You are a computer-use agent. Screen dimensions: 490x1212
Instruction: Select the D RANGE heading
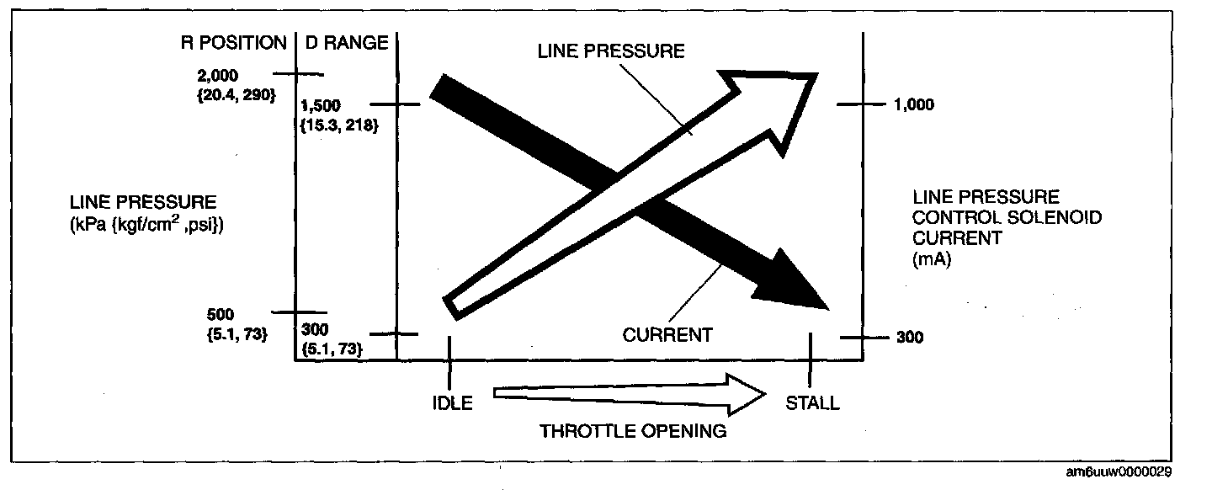(347, 42)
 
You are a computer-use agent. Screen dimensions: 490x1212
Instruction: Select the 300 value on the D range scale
(313, 329)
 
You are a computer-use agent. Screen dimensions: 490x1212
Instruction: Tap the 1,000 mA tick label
(914, 105)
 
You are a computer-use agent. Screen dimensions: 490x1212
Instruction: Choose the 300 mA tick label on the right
(909, 338)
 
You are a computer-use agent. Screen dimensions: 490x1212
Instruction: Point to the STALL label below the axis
(812, 402)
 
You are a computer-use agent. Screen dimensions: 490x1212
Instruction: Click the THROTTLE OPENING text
(632, 431)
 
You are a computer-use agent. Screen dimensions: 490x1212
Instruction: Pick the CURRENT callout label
(667, 335)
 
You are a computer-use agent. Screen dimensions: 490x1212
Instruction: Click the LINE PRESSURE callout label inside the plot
(611, 51)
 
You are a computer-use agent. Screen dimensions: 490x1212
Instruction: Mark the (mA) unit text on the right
(930, 260)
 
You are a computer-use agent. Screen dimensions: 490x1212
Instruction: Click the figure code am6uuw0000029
(1118, 471)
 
